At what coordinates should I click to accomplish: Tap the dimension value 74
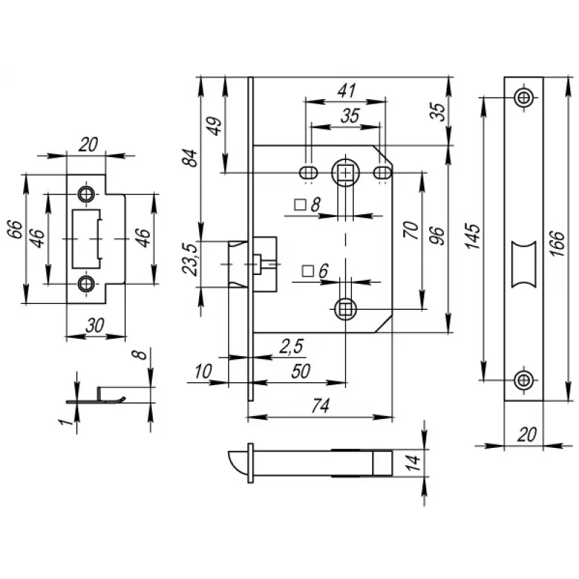(x=318, y=407)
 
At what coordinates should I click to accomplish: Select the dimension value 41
(x=347, y=90)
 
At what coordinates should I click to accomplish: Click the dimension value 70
(x=410, y=231)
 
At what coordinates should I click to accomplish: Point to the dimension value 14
(x=413, y=464)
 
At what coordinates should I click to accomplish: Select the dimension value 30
(x=93, y=326)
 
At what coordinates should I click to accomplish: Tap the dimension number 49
(x=215, y=127)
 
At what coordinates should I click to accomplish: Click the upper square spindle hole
(x=347, y=172)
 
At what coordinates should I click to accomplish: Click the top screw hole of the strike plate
(x=87, y=194)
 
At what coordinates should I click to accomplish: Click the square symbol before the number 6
(x=307, y=271)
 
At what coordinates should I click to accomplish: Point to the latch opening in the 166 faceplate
(x=523, y=261)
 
